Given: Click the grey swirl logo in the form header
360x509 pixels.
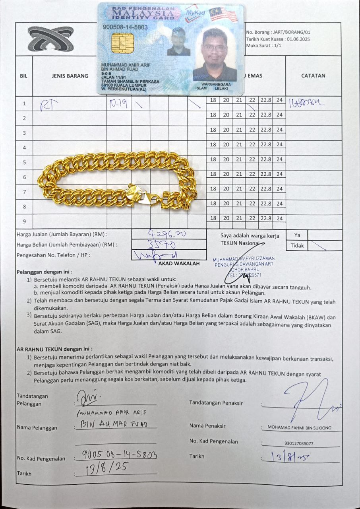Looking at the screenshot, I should point(50,39).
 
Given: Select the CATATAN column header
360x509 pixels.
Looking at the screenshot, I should point(313,76).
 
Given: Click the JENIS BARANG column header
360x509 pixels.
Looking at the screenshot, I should point(70,76).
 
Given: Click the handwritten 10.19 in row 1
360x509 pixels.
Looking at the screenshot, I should point(118,104).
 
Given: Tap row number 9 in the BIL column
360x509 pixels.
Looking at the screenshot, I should point(24,221).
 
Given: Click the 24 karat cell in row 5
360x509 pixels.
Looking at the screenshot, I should point(279,159).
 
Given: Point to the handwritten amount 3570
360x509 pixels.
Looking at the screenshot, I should point(162,244).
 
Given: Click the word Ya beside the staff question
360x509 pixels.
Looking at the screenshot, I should point(297,235).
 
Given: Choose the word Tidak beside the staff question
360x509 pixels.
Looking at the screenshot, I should point(297,245).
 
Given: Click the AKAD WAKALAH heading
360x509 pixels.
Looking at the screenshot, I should point(179,263).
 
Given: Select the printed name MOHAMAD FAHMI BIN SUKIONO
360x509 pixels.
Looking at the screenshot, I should point(299,427).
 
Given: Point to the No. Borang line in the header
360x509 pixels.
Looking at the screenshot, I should point(278,32).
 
